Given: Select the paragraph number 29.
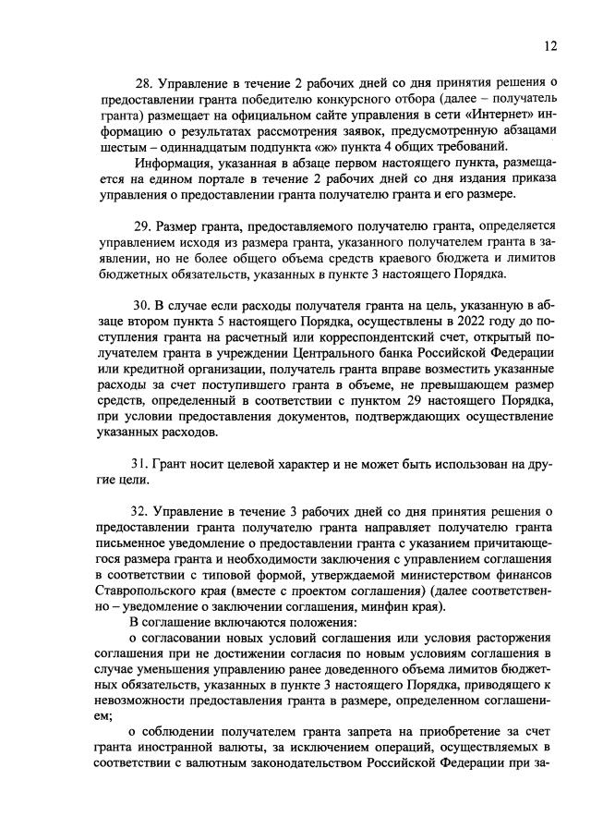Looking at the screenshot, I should click(144, 226).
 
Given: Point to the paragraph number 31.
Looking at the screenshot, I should click(144, 464).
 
